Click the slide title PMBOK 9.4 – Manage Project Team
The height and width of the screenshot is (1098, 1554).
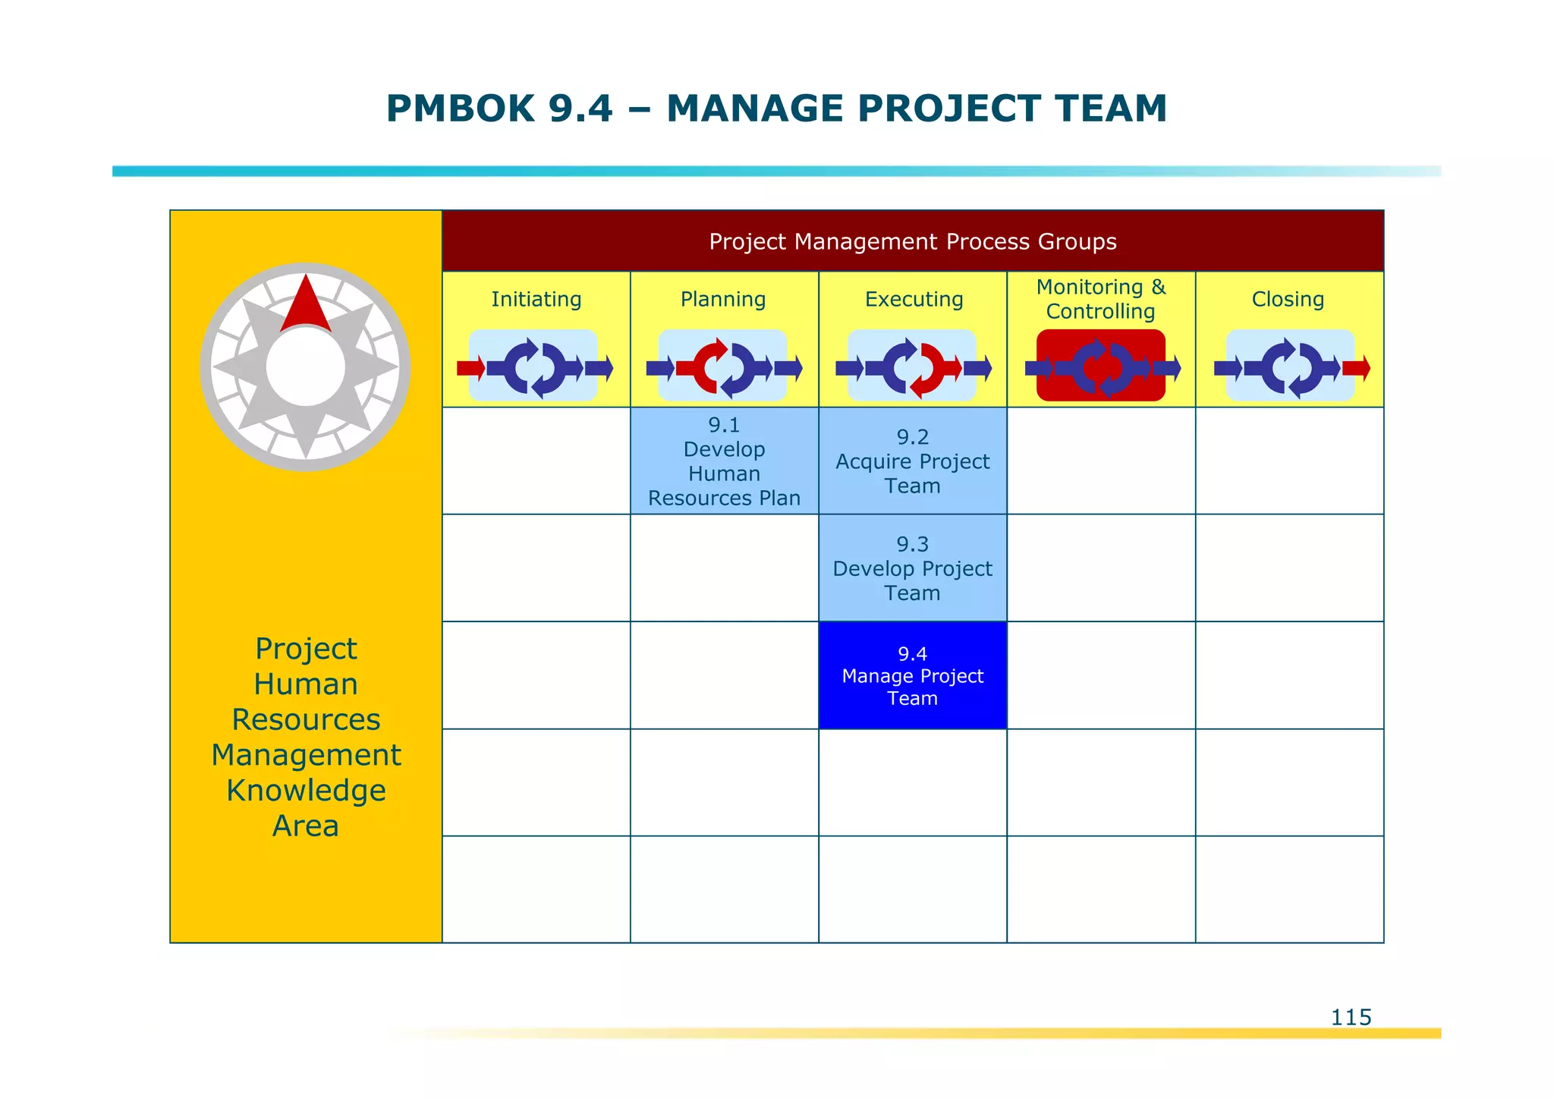775,109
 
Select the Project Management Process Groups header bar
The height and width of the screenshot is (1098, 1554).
912,241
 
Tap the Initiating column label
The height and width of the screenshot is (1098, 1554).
536,300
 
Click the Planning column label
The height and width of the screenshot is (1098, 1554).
723,300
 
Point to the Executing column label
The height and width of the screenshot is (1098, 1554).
914,300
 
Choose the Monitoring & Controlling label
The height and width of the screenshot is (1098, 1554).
1100,299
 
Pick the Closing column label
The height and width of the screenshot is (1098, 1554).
1288,300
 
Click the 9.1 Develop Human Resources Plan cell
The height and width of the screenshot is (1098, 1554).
724,461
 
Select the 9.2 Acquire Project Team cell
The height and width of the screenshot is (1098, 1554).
912,461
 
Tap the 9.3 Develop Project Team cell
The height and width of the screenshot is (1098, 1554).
912,568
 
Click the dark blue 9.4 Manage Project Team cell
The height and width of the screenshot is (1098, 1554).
912,675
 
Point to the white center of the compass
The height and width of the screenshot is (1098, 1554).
306,367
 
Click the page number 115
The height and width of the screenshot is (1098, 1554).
1351,1017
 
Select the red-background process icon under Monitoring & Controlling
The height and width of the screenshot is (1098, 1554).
1100,366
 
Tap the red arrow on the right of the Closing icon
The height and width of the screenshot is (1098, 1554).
1356,369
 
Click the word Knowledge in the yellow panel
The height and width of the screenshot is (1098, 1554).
306,791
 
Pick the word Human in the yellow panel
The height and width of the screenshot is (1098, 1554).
306,684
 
